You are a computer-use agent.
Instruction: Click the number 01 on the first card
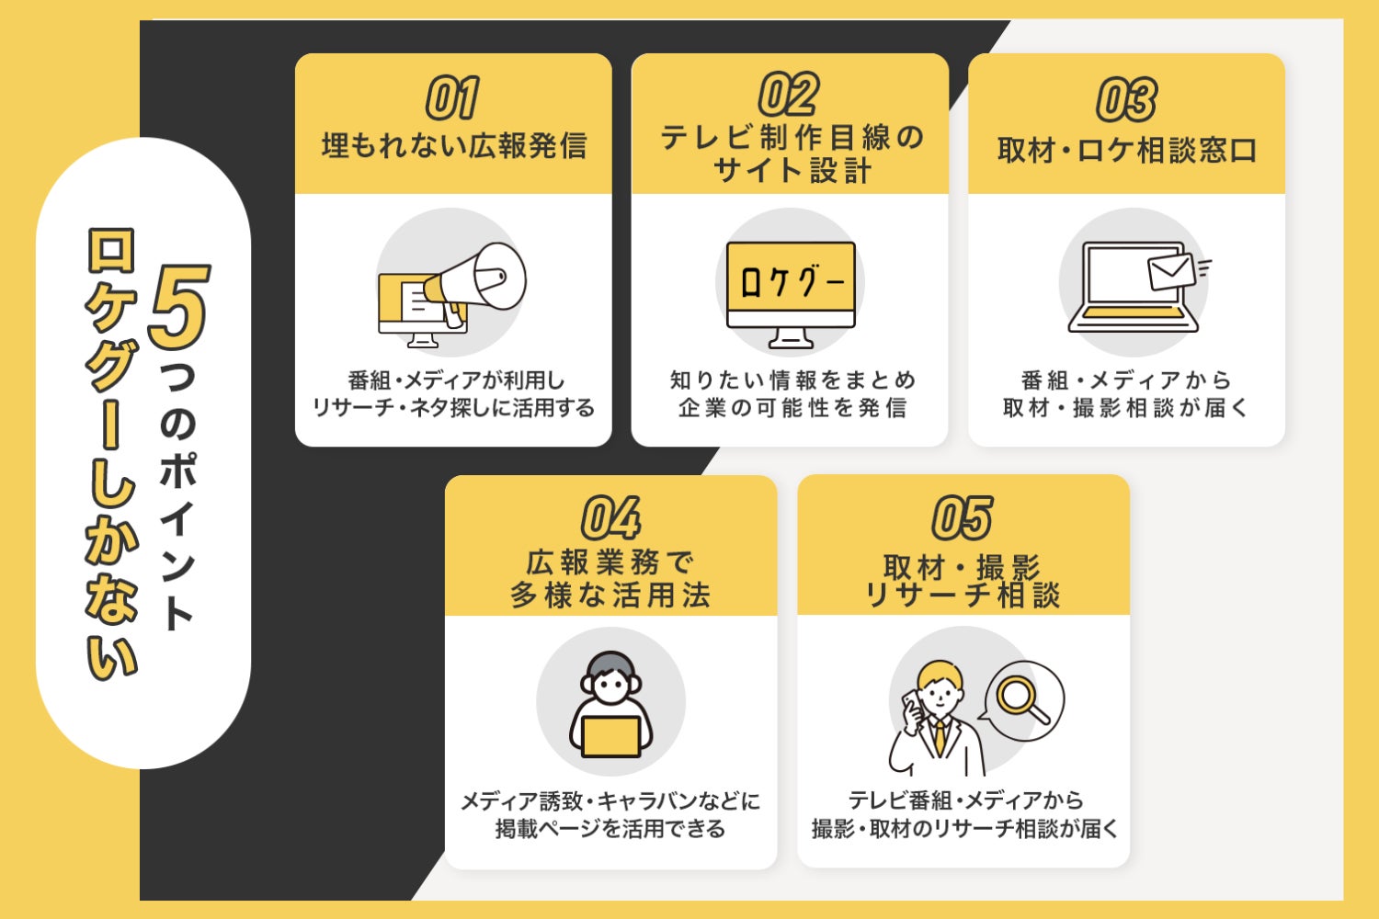click(452, 98)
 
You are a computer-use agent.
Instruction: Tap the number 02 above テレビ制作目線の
click(789, 94)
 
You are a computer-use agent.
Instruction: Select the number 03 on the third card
click(1126, 99)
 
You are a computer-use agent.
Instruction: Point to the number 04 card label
click(610, 517)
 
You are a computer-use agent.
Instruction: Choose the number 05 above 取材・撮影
click(963, 517)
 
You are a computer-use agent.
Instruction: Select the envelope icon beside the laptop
click(1171, 271)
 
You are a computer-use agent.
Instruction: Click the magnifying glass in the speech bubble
click(1020, 698)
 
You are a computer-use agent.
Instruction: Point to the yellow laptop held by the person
click(610, 736)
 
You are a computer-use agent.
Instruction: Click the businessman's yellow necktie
click(940, 735)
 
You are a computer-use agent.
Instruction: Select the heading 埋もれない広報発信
click(453, 146)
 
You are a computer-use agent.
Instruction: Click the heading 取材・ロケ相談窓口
click(1126, 151)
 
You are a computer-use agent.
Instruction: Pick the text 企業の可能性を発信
click(791, 408)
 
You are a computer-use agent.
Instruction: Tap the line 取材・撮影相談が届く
click(1126, 408)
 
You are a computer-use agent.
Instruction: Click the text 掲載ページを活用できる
click(610, 829)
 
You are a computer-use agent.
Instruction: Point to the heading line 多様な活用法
click(610, 596)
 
